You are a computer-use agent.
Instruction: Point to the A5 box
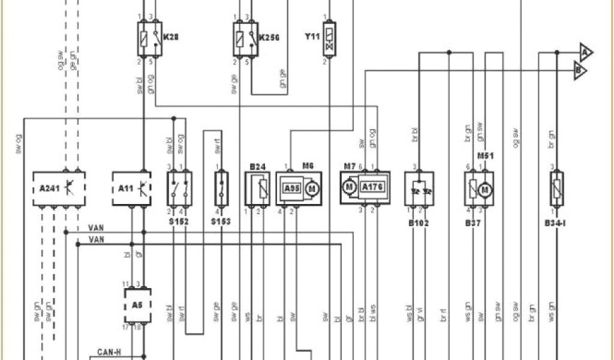[137, 304]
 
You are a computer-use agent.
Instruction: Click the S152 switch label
[179, 221]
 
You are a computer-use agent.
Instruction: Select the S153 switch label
[221, 221]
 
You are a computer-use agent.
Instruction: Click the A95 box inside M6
[292, 188]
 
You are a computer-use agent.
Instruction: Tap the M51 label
[485, 156]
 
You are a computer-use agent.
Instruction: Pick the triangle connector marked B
[580, 71]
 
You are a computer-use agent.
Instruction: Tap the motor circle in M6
[311, 188]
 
